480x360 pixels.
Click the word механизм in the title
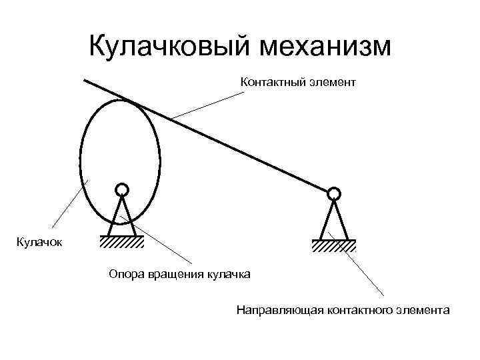tap(327, 46)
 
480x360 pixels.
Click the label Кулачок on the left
tap(36, 242)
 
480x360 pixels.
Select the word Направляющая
tap(279, 311)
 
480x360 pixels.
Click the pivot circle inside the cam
tap(121, 190)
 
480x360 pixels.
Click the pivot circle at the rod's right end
tap(334, 194)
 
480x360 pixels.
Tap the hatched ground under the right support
tap(333, 245)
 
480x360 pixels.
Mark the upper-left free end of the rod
tap(85, 80)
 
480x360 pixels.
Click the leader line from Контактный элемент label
tap(207, 106)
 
